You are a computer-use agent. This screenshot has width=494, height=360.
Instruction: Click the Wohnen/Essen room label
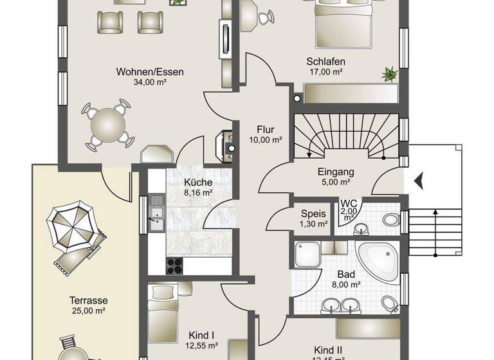tap(149, 72)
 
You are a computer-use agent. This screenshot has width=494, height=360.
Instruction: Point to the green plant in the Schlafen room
tap(389, 75)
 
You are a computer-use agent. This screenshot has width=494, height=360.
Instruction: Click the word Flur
tap(265, 129)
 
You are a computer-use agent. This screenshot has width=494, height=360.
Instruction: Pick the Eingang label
tap(336, 172)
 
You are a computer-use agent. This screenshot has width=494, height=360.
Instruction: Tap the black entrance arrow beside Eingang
tap(419, 181)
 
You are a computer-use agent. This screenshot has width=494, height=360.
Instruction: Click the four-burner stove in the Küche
tap(175, 265)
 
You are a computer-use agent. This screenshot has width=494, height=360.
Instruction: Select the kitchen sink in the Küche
tap(156, 214)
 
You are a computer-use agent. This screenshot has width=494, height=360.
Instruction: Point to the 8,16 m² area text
tap(198, 192)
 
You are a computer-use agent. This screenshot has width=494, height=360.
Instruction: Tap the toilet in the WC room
tap(390, 220)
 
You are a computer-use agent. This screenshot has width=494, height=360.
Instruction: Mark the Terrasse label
tap(89, 300)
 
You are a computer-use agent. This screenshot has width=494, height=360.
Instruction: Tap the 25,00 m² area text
tap(89, 311)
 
